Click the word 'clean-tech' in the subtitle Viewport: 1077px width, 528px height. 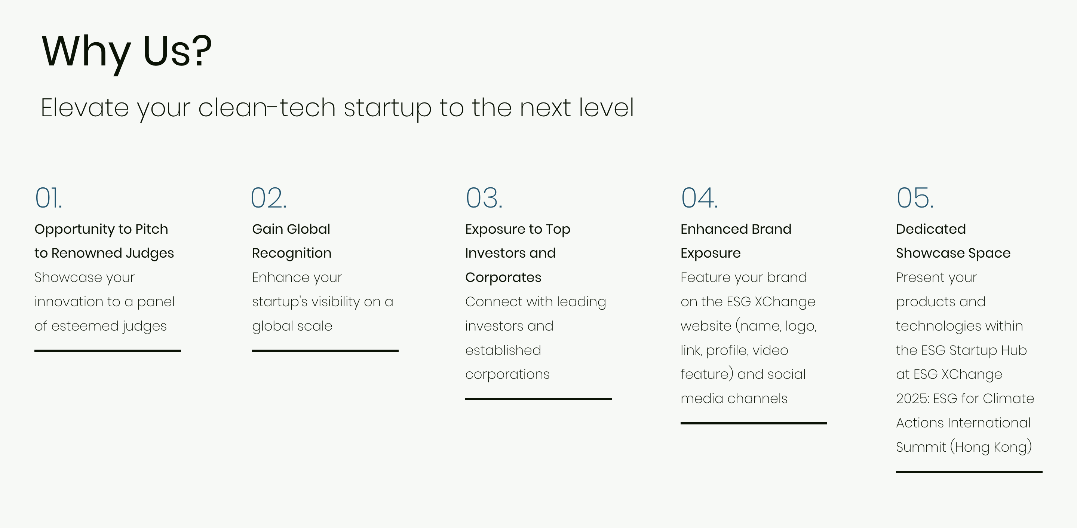[267, 107]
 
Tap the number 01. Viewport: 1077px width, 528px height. [49, 198]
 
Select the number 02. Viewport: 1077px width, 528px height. [269, 198]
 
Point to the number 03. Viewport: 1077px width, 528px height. [484, 198]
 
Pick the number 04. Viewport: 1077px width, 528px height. [699, 198]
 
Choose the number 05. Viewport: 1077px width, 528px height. [915, 198]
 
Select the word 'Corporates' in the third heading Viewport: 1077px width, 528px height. [503, 277]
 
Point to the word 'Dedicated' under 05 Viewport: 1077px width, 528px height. [931, 229]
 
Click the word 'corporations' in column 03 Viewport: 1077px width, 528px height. [507, 375]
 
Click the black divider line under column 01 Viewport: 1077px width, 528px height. [107, 351]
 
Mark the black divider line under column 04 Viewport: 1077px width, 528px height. [754, 424]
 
